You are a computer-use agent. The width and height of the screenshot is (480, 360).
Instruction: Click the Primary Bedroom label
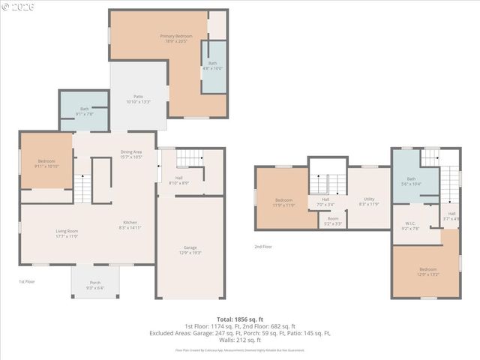click(x=175, y=38)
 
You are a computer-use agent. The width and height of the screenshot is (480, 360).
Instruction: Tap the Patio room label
click(x=138, y=99)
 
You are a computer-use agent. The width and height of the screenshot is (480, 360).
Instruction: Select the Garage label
click(x=190, y=250)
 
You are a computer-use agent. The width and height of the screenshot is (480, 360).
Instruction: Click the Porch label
click(x=95, y=285)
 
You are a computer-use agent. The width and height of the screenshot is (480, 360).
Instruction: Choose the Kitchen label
click(x=130, y=224)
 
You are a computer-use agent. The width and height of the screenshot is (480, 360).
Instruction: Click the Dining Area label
click(x=131, y=154)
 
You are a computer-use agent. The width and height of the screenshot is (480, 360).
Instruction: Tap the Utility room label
click(x=369, y=201)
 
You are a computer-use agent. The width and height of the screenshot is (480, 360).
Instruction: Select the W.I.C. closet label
click(x=410, y=226)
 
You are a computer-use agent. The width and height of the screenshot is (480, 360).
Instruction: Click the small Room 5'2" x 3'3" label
click(x=333, y=220)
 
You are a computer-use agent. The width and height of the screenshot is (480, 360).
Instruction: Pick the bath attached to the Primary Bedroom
click(x=213, y=66)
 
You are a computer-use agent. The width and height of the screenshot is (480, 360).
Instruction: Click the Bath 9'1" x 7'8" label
click(x=84, y=112)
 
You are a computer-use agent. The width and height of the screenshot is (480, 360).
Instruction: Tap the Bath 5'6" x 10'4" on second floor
click(x=411, y=181)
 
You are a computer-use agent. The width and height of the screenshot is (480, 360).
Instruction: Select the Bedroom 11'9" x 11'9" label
click(x=283, y=202)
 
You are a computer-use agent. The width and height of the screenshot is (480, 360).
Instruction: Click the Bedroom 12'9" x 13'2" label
click(x=427, y=271)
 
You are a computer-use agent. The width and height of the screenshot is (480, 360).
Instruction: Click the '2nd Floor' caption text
click(x=262, y=246)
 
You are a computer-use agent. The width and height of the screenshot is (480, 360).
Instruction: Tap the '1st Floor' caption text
click(x=27, y=281)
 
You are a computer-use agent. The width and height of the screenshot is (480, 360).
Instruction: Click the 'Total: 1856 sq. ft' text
click(x=240, y=319)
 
